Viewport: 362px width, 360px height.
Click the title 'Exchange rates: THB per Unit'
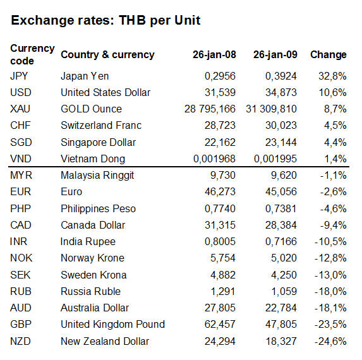(106, 21)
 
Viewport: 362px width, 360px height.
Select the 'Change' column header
(329, 55)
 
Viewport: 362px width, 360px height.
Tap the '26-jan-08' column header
(214, 55)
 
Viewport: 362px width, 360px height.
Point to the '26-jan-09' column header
(275, 55)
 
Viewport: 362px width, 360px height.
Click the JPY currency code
(19, 76)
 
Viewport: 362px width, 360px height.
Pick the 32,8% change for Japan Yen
(332, 76)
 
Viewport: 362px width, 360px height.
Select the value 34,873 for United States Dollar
(281, 93)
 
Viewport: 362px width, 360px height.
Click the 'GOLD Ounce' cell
(91, 109)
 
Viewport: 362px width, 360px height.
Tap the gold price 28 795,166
(210, 109)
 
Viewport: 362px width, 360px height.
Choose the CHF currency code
(20, 126)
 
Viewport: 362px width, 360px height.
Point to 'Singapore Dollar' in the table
(99, 142)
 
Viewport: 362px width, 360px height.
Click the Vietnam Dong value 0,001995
(275, 159)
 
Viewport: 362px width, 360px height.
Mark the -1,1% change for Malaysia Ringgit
(333, 176)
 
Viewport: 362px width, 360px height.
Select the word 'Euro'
(71, 192)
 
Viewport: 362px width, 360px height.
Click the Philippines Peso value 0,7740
(220, 208)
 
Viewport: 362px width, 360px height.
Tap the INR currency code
(19, 242)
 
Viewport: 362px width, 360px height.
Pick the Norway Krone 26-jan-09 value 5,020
(284, 258)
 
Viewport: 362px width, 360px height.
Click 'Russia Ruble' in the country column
(90, 291)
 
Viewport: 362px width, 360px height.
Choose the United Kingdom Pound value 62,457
(220, 324)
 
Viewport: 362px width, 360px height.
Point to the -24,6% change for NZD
(330, 341)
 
